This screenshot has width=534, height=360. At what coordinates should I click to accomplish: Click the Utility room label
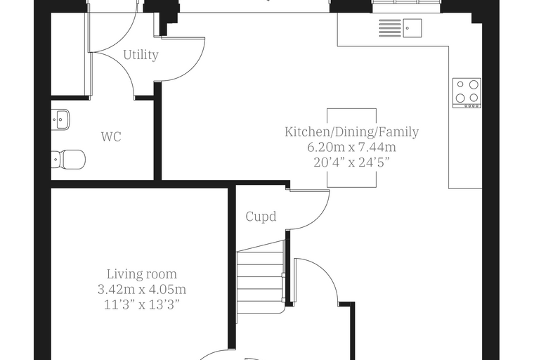click(141, 55)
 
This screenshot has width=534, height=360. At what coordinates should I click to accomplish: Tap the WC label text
click(111, 136)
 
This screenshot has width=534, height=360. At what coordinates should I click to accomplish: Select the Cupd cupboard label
click(261, 217)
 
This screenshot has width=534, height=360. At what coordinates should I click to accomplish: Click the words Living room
click(142, 274)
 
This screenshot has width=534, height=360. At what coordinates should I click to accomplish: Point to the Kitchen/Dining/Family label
click(352, 131)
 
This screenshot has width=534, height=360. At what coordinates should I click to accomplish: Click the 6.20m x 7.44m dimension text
click(352, 147)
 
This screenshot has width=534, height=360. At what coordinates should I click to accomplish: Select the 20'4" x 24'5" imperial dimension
click(351, 162)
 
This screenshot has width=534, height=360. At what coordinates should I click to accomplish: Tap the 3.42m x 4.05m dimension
click(142, 290)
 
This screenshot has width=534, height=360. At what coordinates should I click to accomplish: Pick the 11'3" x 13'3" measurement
click(142, 304)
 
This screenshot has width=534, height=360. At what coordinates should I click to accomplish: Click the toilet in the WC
click(68, 159)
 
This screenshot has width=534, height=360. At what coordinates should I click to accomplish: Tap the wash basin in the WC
click(60, 120)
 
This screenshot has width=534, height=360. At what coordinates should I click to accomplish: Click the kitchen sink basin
click(412, 28)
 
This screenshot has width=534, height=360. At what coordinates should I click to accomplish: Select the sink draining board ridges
click(390, 28)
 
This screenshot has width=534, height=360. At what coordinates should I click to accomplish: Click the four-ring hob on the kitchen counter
click(467, 93)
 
